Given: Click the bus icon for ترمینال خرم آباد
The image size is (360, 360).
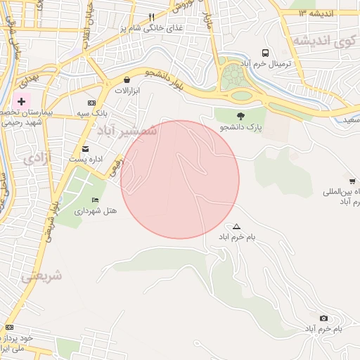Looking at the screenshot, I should coord(265,53).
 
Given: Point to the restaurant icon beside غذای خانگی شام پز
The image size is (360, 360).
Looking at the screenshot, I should coord(150,17).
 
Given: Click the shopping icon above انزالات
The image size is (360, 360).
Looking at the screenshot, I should coord(127,80).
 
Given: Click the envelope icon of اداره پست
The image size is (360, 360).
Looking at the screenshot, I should coord(85,148).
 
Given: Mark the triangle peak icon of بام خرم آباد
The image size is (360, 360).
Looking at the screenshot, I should coord(236,226).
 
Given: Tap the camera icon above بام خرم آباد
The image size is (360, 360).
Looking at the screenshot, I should coord(323,319).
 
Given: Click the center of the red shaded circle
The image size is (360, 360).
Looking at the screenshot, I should coord(180,179).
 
